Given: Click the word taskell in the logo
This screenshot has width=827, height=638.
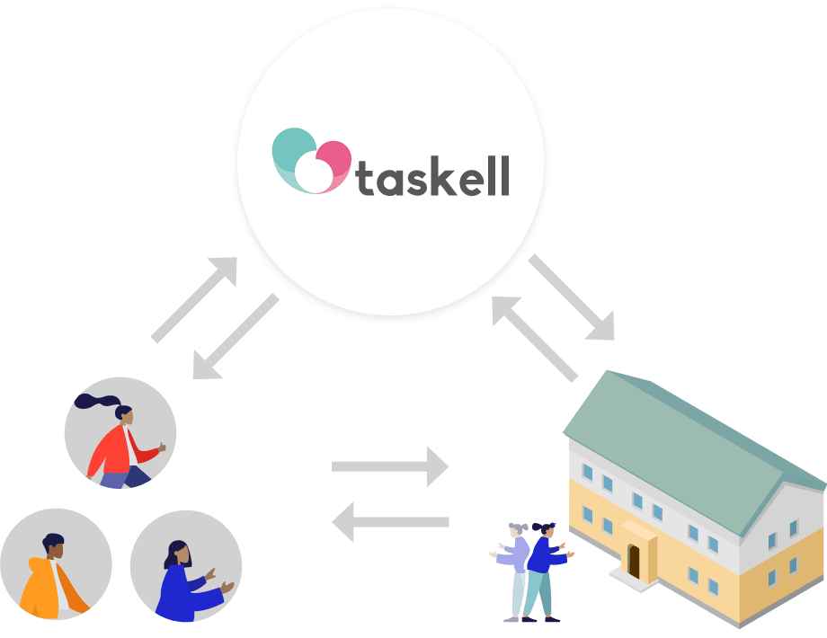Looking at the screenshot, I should click(x=433, y=176).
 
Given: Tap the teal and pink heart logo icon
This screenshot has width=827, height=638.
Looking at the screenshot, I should click(x=309, y=162).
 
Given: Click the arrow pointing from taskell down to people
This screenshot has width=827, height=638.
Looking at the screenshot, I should click(x=236, y=336).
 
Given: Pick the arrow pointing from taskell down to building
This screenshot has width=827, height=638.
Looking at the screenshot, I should click(x=573, y=297).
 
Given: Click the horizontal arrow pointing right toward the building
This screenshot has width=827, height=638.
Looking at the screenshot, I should click(x=390, y=466).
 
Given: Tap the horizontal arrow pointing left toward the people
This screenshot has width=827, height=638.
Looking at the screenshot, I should click(x=390, y=522).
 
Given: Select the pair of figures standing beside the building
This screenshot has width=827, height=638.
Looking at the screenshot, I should click(x=531, y=572).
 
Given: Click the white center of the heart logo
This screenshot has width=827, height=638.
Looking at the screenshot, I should click(x=314, y=173).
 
